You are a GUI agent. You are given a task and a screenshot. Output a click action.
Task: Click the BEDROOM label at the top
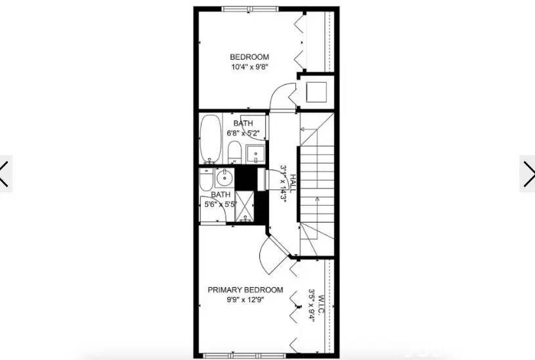[249, 56]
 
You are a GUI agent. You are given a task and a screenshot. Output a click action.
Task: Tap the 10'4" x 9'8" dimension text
[249, 66]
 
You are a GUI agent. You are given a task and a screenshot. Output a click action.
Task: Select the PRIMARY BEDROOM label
[246, 290]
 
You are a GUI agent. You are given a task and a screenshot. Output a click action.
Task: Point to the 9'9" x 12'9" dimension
[246, 300]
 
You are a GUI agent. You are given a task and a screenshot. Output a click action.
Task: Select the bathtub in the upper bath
[211, 139]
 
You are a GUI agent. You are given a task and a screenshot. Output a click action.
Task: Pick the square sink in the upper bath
[255, 154]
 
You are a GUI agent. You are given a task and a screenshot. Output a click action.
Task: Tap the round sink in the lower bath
[224, 177]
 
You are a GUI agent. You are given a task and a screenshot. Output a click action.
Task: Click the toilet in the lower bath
[205, 180]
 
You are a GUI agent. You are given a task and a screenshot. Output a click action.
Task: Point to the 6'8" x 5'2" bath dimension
[244, 133]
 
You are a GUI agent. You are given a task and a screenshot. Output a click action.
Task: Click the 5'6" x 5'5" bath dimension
[221, 204]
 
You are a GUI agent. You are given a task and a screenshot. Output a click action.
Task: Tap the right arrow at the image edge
[528, 173]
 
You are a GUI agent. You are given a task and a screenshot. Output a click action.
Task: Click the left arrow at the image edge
[6, 173]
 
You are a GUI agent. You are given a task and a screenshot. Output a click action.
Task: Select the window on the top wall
[248, 9]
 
